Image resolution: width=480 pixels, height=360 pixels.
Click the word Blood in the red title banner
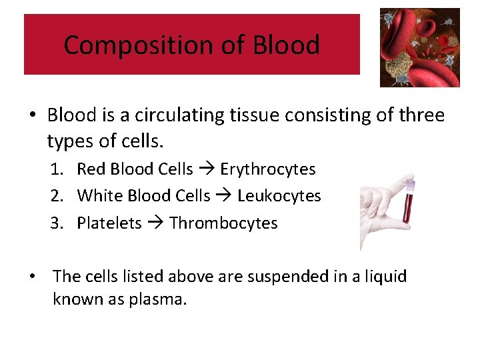286,45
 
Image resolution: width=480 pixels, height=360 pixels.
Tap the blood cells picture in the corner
419,47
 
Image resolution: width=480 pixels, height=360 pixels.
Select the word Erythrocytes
267,169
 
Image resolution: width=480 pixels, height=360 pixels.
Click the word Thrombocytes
223,223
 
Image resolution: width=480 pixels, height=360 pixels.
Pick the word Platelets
109,223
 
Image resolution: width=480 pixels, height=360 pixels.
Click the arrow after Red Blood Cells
206,169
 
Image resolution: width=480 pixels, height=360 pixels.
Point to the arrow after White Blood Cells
223,196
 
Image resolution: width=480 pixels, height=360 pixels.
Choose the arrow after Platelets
155,223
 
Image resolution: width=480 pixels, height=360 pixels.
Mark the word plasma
158,299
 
